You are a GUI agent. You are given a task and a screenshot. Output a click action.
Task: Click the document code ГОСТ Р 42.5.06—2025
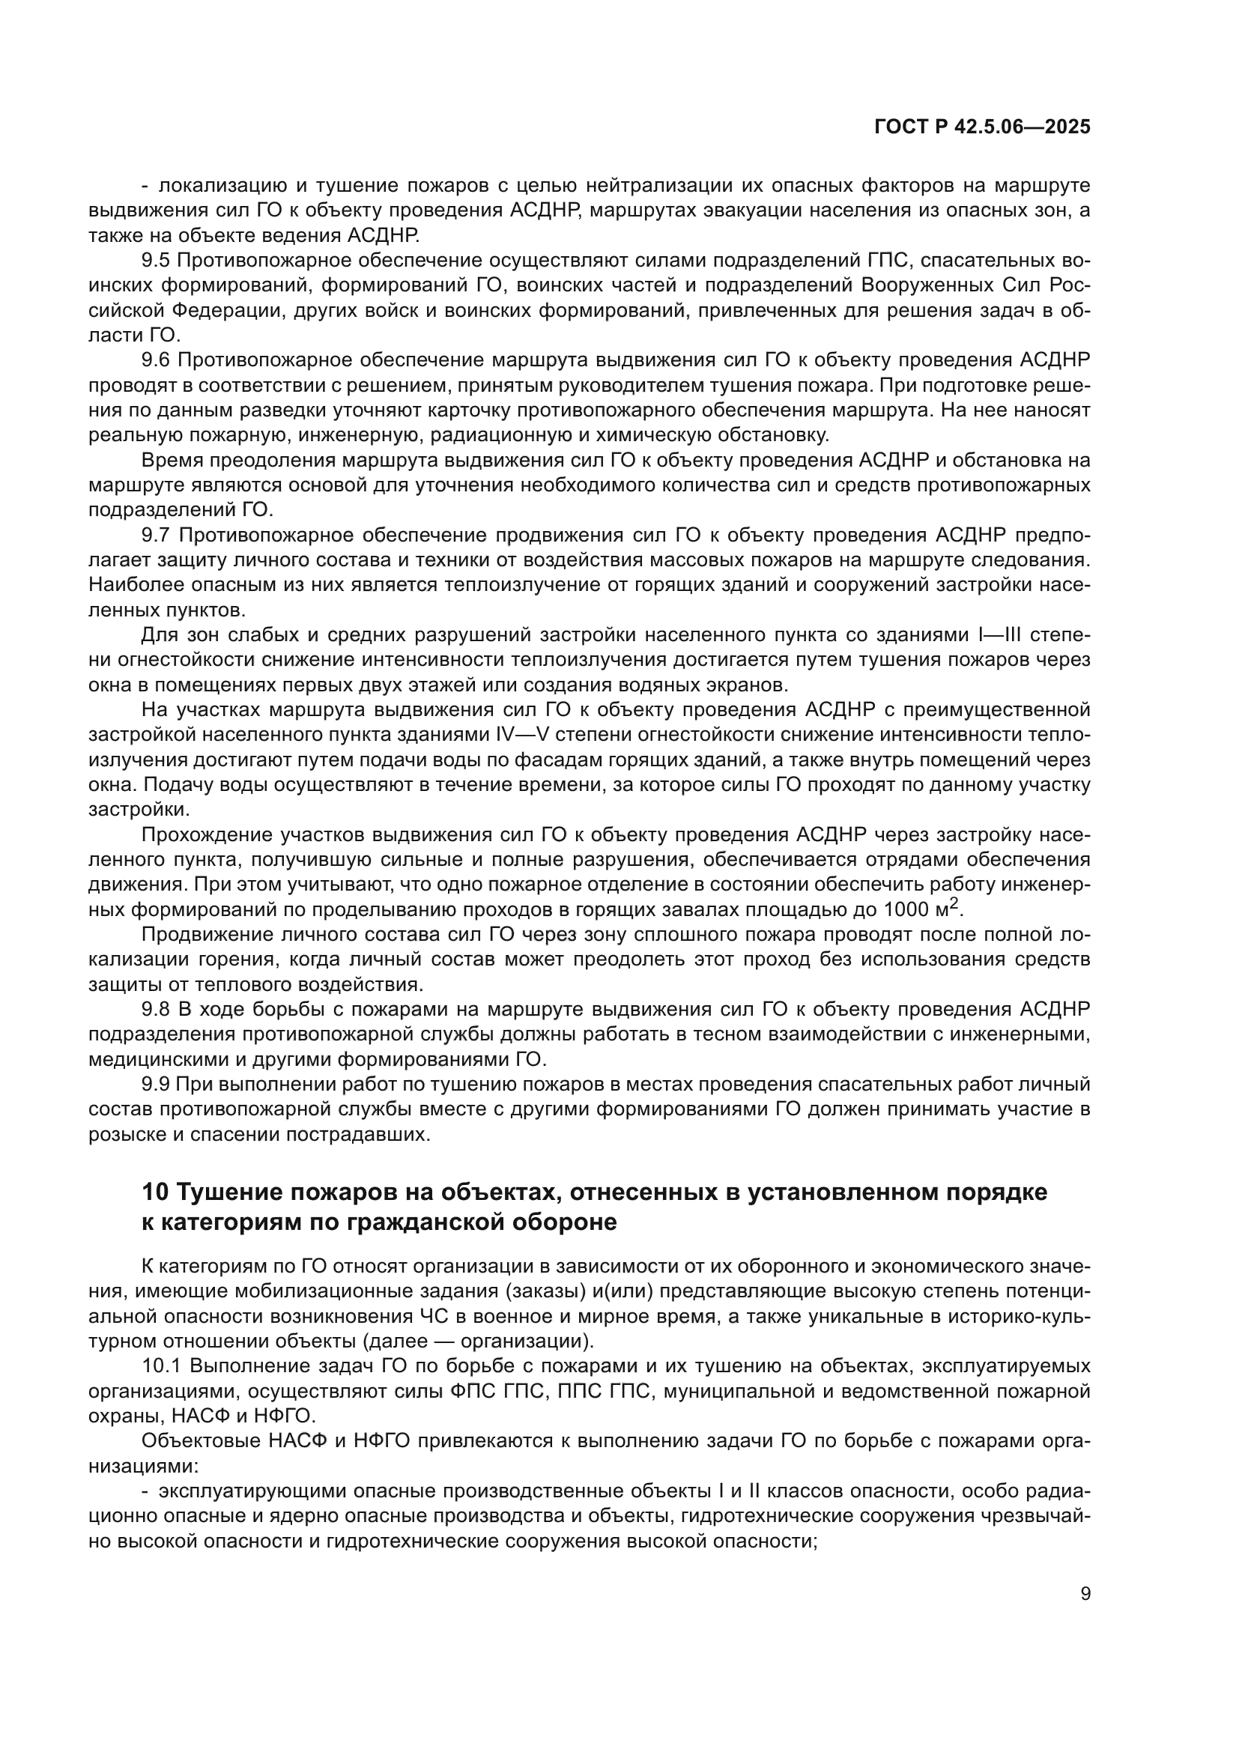tap(982, 127)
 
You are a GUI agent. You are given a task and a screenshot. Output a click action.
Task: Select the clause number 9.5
tap(156, 261)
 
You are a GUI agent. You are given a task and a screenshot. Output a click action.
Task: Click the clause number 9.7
tap(156, 536)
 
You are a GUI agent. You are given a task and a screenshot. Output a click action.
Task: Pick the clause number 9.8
tap(156, 1010)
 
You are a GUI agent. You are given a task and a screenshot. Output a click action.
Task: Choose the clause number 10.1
tap(162, 1366)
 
